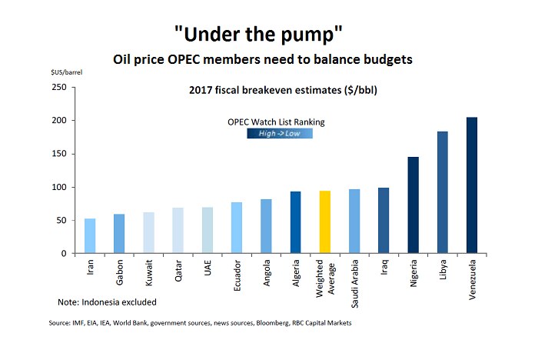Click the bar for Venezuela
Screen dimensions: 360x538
(x=472, y=185)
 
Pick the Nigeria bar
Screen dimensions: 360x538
(x=413, y=205)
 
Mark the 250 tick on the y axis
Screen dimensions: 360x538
(x=58, y=88)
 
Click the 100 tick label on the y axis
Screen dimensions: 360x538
(x=58, y=188)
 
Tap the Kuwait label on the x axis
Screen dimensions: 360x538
(x=149, y=275)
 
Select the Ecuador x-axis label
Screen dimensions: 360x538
(x=237, y=277)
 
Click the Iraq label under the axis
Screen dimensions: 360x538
(x=384, y=270)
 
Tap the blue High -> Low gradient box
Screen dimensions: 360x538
(x=279, y=133)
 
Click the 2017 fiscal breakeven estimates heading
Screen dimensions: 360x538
(x=281, y=91)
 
